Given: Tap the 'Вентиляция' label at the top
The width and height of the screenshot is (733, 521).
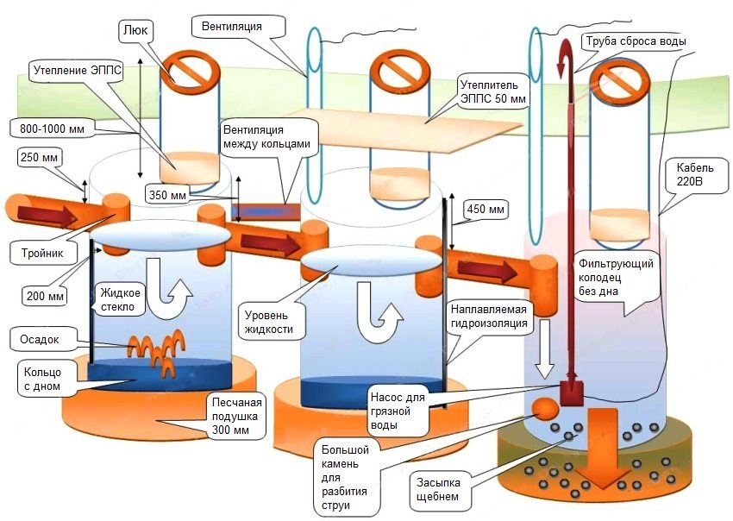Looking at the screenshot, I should (231, 26).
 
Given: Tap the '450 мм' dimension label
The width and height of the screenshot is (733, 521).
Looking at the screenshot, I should (486, 209).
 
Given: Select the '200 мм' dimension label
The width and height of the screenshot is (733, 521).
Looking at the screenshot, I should (45, 296).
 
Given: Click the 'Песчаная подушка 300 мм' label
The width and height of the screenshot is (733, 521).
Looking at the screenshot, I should (235, 415).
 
